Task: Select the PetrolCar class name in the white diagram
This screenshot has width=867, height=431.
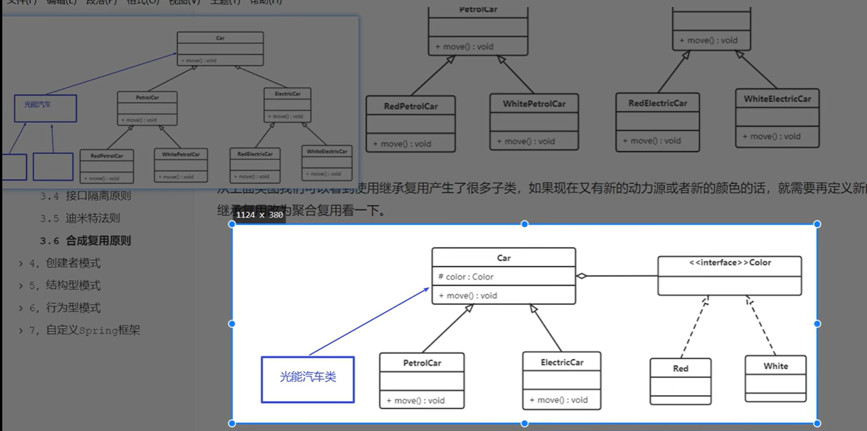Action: [422, 363]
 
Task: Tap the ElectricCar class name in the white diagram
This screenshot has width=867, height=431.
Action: [561, 362]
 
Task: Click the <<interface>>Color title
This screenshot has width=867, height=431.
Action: [730, 263]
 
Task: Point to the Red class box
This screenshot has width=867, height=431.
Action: [681, 381]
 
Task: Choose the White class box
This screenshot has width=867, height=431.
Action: [775, 378]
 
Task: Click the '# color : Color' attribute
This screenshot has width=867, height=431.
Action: [466, 277]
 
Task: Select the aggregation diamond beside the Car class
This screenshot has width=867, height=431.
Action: [581, 276]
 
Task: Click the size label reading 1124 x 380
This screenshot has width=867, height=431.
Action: [259, 215]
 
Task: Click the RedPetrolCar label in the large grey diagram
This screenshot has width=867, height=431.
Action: [410, 106]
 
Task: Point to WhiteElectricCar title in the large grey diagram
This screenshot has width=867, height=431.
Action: [777, 99]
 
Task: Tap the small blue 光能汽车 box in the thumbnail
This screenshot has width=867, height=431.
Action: [45, 108]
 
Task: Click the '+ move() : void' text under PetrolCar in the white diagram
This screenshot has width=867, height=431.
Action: [416, 401]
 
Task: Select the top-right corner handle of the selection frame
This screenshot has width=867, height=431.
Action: [817, 224]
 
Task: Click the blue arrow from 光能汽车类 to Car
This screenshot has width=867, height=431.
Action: [369, 321]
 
